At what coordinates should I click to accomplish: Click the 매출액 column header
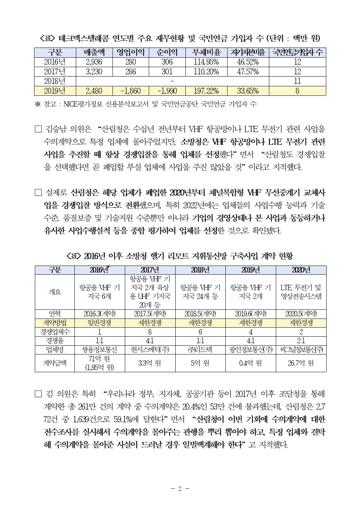pyautogui.click(x=94, y=53)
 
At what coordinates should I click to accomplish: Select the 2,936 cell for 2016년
pyautogui.click(x=94, y=62)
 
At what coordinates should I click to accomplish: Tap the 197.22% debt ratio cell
pyautogui.click(x=206, y=91)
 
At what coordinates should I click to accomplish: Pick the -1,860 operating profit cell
pyautogui.click(x=131, y=91)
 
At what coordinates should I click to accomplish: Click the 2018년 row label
pyautogui.click(x=55, y=81)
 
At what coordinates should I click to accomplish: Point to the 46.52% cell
pyautogui.click(x=248, y=62)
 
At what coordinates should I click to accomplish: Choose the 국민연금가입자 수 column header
pyautogui.click(x=297, y=53)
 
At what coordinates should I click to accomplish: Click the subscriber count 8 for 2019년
pyautogui.click(x=297, y=91)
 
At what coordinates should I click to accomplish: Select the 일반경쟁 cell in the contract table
pyautogui.click(x=99, y=323)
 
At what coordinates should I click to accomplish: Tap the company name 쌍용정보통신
pyautogui.click(x=99, y=350)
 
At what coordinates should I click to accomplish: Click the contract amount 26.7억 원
pyautogui.click(x=301, y=363)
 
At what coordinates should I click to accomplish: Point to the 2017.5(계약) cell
pyautogui.click(x=150, y=314)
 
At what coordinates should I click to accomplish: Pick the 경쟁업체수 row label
pyautogui.click(x=55, y=332)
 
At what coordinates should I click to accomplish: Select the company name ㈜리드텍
pyautogui.click(x=200, y=350)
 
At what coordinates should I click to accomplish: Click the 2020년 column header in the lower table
pyautogui.click(x=301, y=270)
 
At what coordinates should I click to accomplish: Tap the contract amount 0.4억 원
pyautogui.click(x=250, y=363)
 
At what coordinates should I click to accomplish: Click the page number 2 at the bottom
pyautogui.click(x=180, y=489)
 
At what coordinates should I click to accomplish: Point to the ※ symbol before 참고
pyautogui.click(x=37, y=104)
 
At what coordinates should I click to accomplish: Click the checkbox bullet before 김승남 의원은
pyautogui.click(x=38, y=129)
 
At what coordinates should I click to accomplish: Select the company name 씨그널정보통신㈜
pyautogui.click(x=301, y=350)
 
